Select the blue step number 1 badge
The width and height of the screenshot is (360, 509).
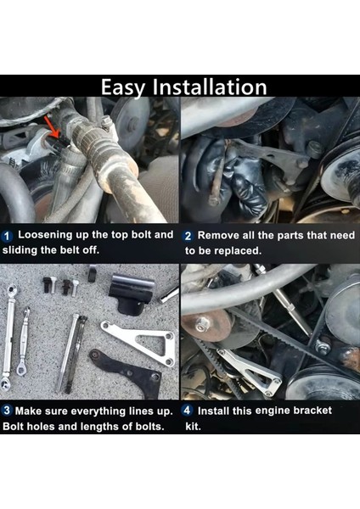pos(7,235)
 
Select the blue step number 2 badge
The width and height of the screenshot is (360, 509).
pos(188,235)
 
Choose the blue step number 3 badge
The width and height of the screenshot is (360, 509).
pos(7,411)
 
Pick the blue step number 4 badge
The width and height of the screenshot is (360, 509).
pos(188,411)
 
